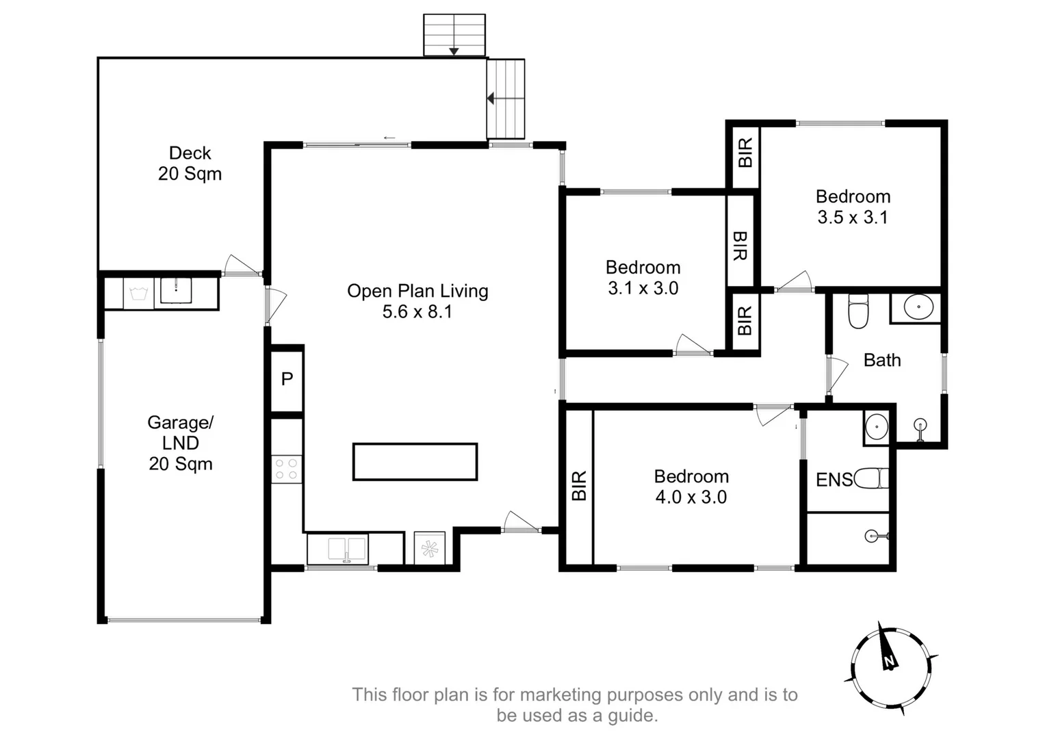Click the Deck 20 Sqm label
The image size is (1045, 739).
click(x=190, y=164)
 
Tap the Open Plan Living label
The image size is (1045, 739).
click(x=417, y=291)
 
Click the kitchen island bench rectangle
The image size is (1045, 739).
click(x=415, y=461)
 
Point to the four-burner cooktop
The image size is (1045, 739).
click(x=287, y=469)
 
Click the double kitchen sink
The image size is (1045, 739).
click(x=347, y=549)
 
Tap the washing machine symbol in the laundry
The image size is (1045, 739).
click(x=138, y=294)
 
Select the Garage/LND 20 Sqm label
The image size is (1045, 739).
click(x=181, y=443)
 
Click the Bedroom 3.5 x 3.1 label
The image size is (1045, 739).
click(x=853, y=207)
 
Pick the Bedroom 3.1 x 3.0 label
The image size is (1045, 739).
click(x=643, y=278)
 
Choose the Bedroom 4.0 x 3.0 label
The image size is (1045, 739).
click(x=691, y=487)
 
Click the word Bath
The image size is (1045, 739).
click(x=881, y=360)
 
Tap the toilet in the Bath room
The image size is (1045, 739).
click(x=858, y=311)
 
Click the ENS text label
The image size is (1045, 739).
click(x=834, y=480)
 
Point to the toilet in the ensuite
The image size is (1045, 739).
click(x=871, y=478)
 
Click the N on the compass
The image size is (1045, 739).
click(x=889, y=661)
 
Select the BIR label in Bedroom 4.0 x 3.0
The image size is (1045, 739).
click(x=578, y=486)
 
